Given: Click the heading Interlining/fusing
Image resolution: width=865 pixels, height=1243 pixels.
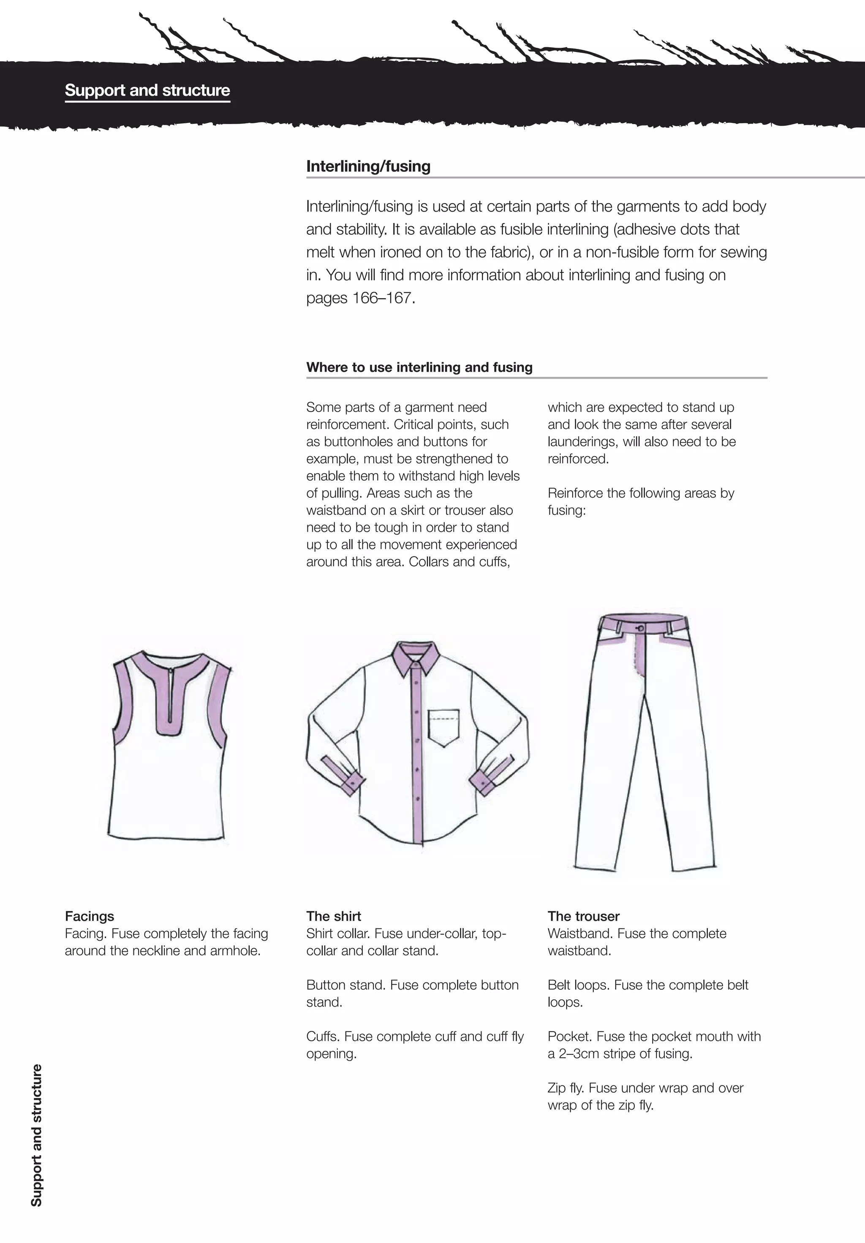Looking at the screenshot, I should click(x=368, y=166).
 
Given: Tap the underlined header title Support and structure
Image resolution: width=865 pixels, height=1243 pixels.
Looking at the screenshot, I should click(x=147, y=90).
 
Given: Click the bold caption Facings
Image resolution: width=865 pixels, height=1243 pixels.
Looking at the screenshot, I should click(x=90, y=916).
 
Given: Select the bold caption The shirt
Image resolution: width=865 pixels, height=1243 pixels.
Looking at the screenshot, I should click(x=333, y=916).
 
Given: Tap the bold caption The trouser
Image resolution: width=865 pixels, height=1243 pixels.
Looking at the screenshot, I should click(x=583, y=916).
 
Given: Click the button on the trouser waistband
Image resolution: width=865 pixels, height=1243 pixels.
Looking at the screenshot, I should click(x=641, y=628).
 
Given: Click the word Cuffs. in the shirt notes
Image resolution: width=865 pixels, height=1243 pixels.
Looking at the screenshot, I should click(x=323, y=1036).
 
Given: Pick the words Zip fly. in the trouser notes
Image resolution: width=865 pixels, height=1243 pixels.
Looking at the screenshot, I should click(x=566, y=1088).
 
